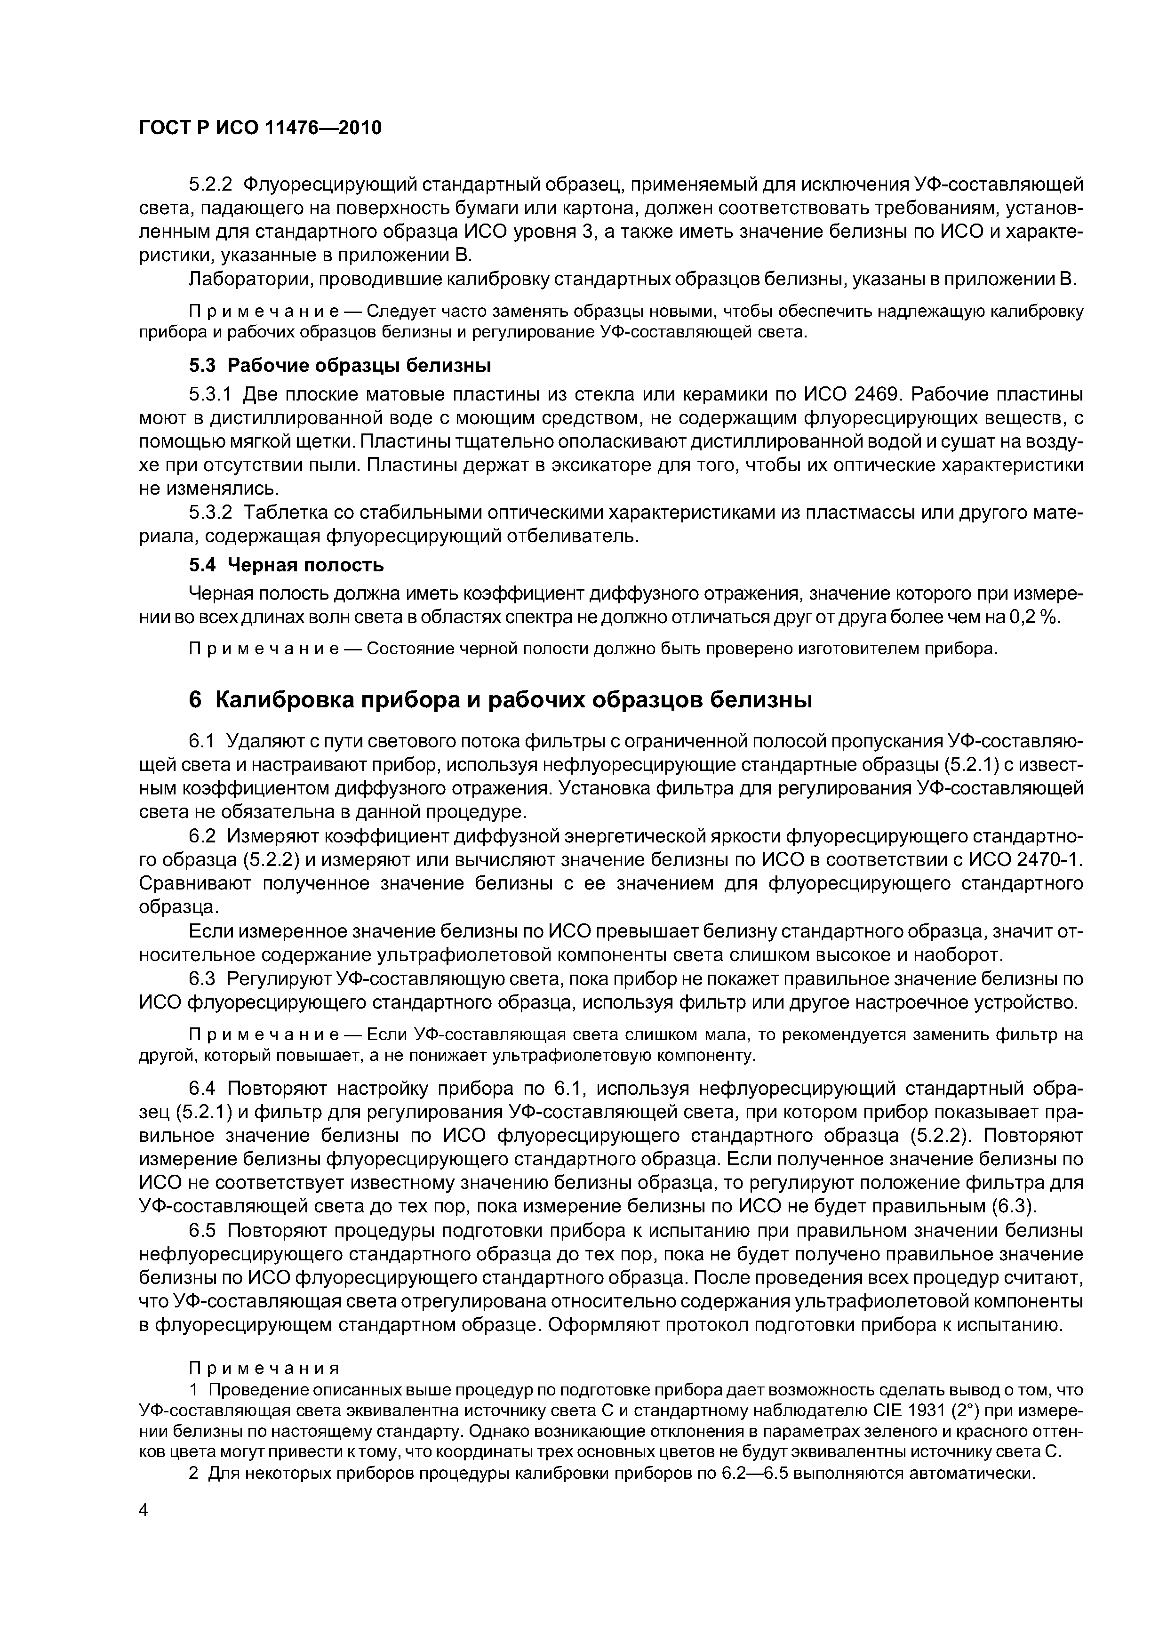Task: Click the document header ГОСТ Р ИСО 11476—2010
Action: pyautogui.click(x=260, y=128)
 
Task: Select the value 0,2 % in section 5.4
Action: pyautogui.click(x=1032, y=617)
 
